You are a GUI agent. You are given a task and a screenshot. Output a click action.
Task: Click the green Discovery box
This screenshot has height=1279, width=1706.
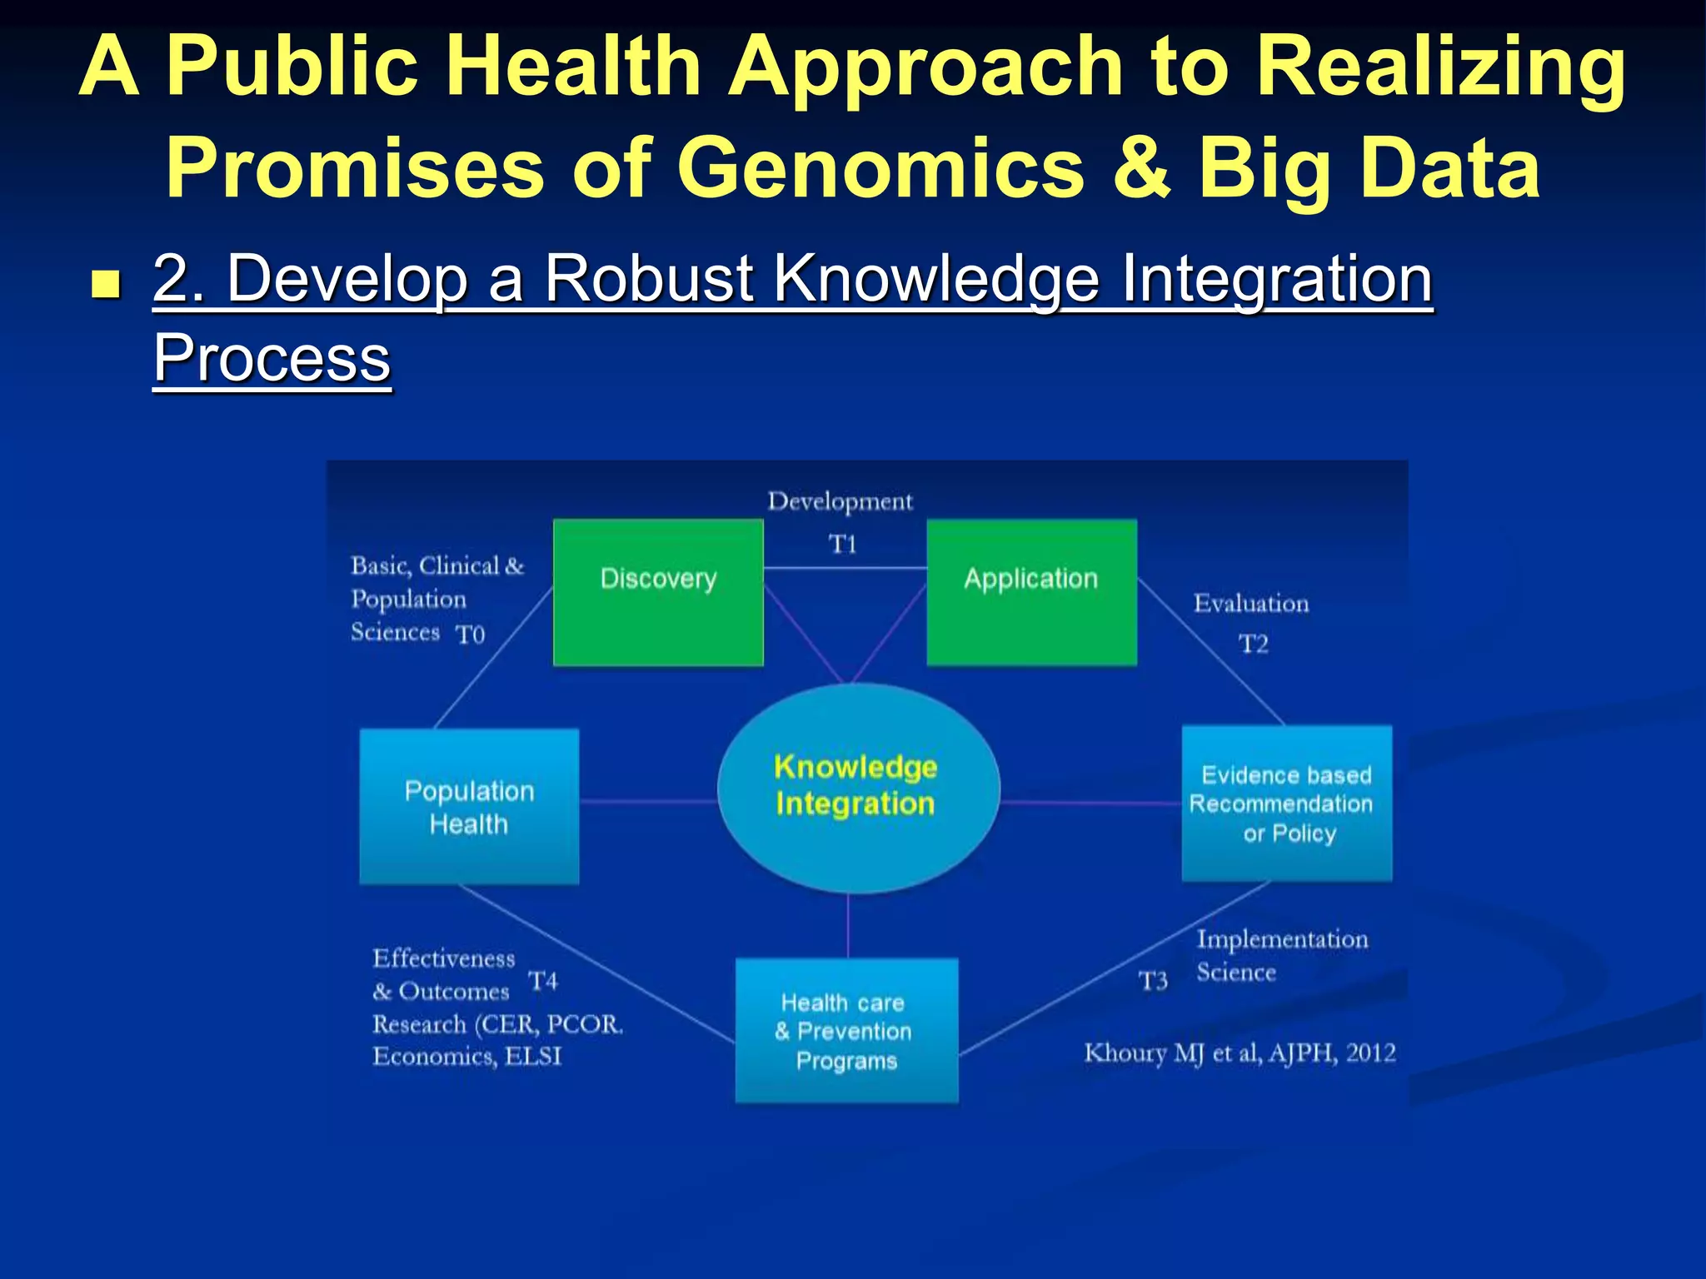658,592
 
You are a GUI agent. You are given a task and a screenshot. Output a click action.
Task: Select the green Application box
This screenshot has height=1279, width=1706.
1031,592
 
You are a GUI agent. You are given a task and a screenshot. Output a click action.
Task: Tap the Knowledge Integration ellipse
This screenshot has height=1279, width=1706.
857,787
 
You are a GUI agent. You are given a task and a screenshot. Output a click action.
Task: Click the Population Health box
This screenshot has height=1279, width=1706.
469,806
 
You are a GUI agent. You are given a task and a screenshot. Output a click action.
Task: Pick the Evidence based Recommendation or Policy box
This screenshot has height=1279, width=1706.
1286,804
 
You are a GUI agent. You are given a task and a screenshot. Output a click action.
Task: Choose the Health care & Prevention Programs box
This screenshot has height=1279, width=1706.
846,1031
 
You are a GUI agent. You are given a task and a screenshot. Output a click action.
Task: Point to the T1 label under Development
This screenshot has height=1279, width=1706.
842,545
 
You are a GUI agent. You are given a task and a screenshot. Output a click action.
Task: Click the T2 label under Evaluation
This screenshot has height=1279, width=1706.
1253,644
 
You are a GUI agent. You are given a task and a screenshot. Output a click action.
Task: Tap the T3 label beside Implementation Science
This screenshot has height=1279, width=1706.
1153,981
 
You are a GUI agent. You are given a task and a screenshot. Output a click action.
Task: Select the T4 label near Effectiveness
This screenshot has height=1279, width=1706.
543,981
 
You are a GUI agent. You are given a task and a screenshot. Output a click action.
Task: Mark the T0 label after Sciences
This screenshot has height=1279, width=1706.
470,635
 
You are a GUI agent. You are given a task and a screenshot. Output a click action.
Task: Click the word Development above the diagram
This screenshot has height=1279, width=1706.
840,501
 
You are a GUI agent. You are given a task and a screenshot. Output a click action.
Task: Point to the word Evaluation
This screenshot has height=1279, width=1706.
1251,603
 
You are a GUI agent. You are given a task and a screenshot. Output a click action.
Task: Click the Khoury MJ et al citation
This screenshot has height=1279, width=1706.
1240,1053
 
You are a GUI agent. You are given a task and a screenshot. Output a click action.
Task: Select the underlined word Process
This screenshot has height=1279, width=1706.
272,358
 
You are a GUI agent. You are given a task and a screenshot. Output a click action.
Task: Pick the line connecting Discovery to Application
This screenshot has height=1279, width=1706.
845,568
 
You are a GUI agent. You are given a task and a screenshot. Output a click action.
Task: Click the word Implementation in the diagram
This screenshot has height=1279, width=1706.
1282,939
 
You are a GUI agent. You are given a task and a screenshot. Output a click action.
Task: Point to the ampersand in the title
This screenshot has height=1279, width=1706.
1140,169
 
